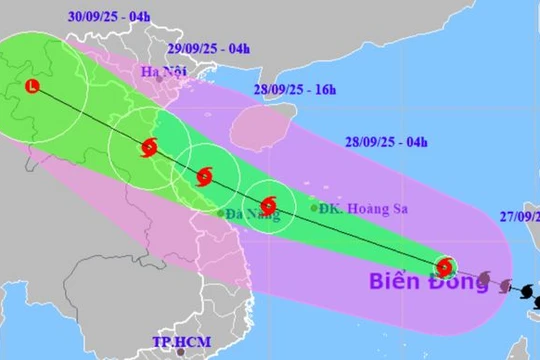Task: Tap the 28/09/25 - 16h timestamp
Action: (300, 89)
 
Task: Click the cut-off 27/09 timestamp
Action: (519, 214)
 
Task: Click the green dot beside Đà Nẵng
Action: (220, 213)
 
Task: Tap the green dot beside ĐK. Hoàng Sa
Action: (313, 209)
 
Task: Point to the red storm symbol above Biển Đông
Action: (445, 267)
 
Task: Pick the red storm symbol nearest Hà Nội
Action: (149, 149)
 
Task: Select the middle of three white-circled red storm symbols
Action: (204, 178)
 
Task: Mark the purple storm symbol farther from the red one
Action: (506, 285)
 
